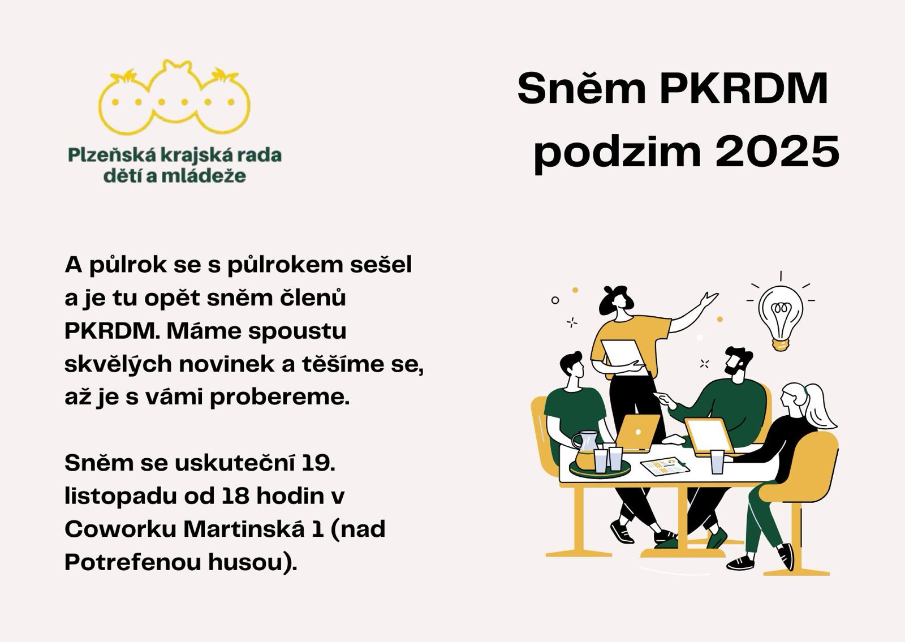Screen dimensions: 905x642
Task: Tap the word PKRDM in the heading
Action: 744,88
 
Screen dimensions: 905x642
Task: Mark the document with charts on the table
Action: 665,467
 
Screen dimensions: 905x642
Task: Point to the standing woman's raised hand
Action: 709,299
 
